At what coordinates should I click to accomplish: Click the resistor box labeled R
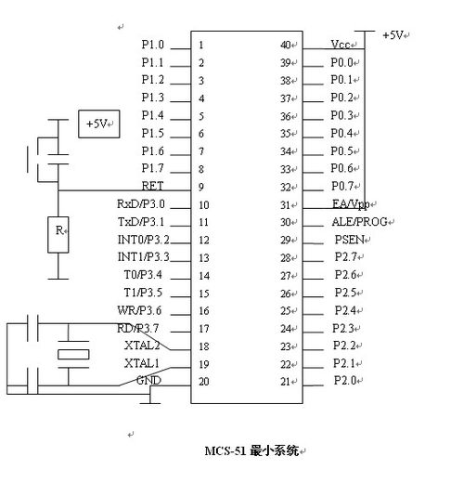(x=58, y=235)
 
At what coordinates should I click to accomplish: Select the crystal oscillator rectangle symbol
(x=73, y=354)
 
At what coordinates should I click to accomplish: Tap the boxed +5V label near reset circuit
(x=99, y=124)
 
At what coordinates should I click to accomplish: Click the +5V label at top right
(x=393, y=34)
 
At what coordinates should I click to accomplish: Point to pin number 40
(x=286, y=45)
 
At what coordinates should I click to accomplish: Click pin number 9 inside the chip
(x=201, y=187)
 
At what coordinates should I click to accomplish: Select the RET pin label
(x=152, y=186)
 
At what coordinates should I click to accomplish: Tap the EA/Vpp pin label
(x=351, y=204)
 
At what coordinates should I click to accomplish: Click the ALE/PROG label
(x=360, y=222)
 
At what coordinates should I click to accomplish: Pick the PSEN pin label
(x=350, y=240)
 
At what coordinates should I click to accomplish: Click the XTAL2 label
(x=142, y=346)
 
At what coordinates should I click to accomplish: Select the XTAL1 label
(x=142, y=363)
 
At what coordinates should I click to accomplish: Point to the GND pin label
(x=148, y=380)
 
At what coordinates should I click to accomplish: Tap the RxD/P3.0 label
(x=141, y=203)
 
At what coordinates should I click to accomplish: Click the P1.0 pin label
(x=153, y=45)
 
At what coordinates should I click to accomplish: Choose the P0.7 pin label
(x=342, y=186)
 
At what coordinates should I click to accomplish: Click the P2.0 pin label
(x=345, y=380)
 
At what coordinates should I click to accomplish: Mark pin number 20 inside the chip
(x=204, y=382)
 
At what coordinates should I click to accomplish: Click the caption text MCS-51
(x=225, y=450)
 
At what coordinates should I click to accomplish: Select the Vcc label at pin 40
(x=341, y=45)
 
